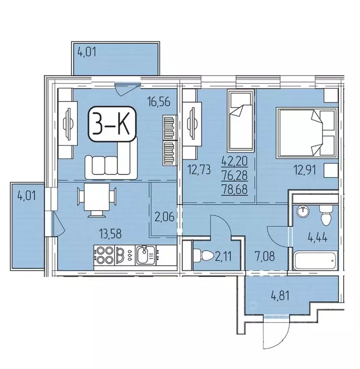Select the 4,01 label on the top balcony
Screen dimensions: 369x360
(87, 51)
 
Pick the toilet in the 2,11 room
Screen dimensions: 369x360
(199, 253)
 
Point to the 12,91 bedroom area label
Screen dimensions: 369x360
(305, 169)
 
